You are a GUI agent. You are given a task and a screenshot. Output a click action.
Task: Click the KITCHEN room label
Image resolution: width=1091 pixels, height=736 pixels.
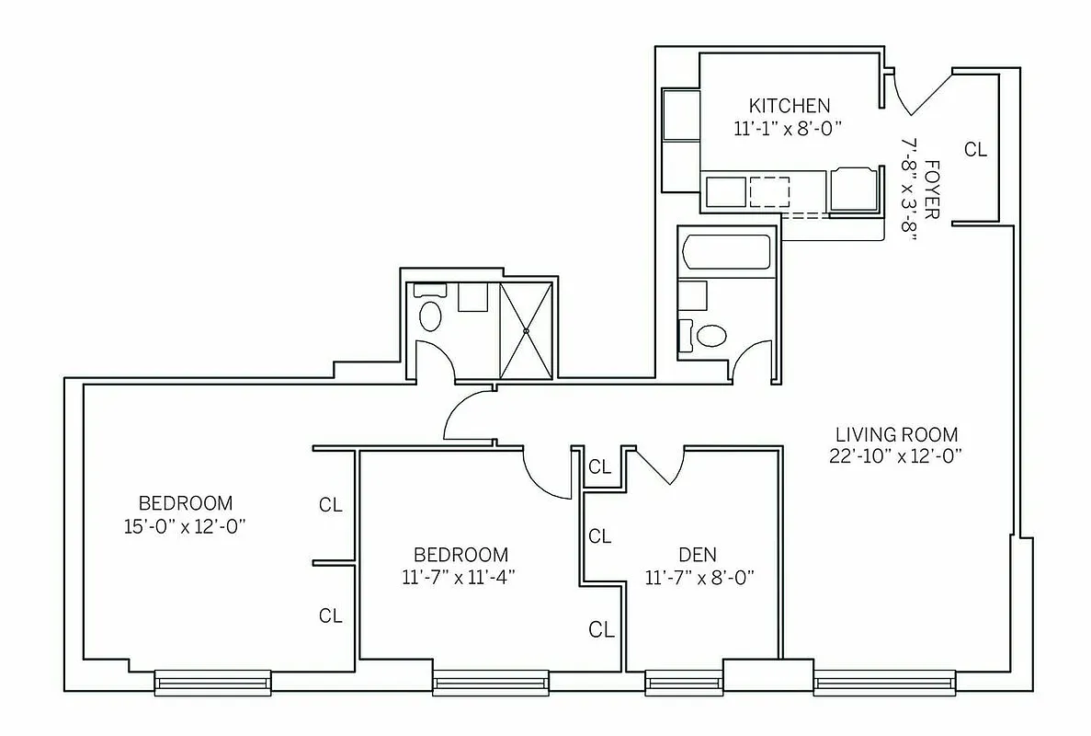(x=789, y=105)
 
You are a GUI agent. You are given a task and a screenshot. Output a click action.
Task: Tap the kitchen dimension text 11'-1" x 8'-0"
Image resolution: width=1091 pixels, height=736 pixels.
(x=789, y=129)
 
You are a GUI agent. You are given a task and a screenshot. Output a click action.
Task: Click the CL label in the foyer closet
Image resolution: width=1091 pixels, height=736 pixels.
(x=975, y=149)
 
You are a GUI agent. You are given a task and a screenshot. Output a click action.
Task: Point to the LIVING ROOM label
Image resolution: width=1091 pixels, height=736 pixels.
(x=896, y=434)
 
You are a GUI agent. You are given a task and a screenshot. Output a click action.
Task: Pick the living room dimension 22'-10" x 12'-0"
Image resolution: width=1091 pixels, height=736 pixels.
(x=896, y=455)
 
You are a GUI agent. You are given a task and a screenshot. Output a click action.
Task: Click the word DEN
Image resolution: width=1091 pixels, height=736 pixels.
(x=698, y=555)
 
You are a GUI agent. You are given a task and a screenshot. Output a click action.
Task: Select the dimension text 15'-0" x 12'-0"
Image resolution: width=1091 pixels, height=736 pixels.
(x=186, y=526)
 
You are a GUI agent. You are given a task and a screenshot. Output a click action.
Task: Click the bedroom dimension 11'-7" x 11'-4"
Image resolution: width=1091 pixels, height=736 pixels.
(x=460, y=578)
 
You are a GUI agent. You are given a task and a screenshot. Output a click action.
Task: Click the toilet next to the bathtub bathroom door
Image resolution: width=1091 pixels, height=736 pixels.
(x=710, y=336)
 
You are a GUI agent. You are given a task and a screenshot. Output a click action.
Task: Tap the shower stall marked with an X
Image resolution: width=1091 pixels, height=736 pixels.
(x=527, y=329)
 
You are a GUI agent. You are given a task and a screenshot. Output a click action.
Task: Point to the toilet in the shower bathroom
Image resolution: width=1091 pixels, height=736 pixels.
(x=429, y=313)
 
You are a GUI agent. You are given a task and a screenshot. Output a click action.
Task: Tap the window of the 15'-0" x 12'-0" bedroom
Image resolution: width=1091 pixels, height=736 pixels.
(x=212, y=682)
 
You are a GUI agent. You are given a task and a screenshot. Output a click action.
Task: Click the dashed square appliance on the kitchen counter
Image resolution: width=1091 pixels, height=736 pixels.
(x=768, y=190)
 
